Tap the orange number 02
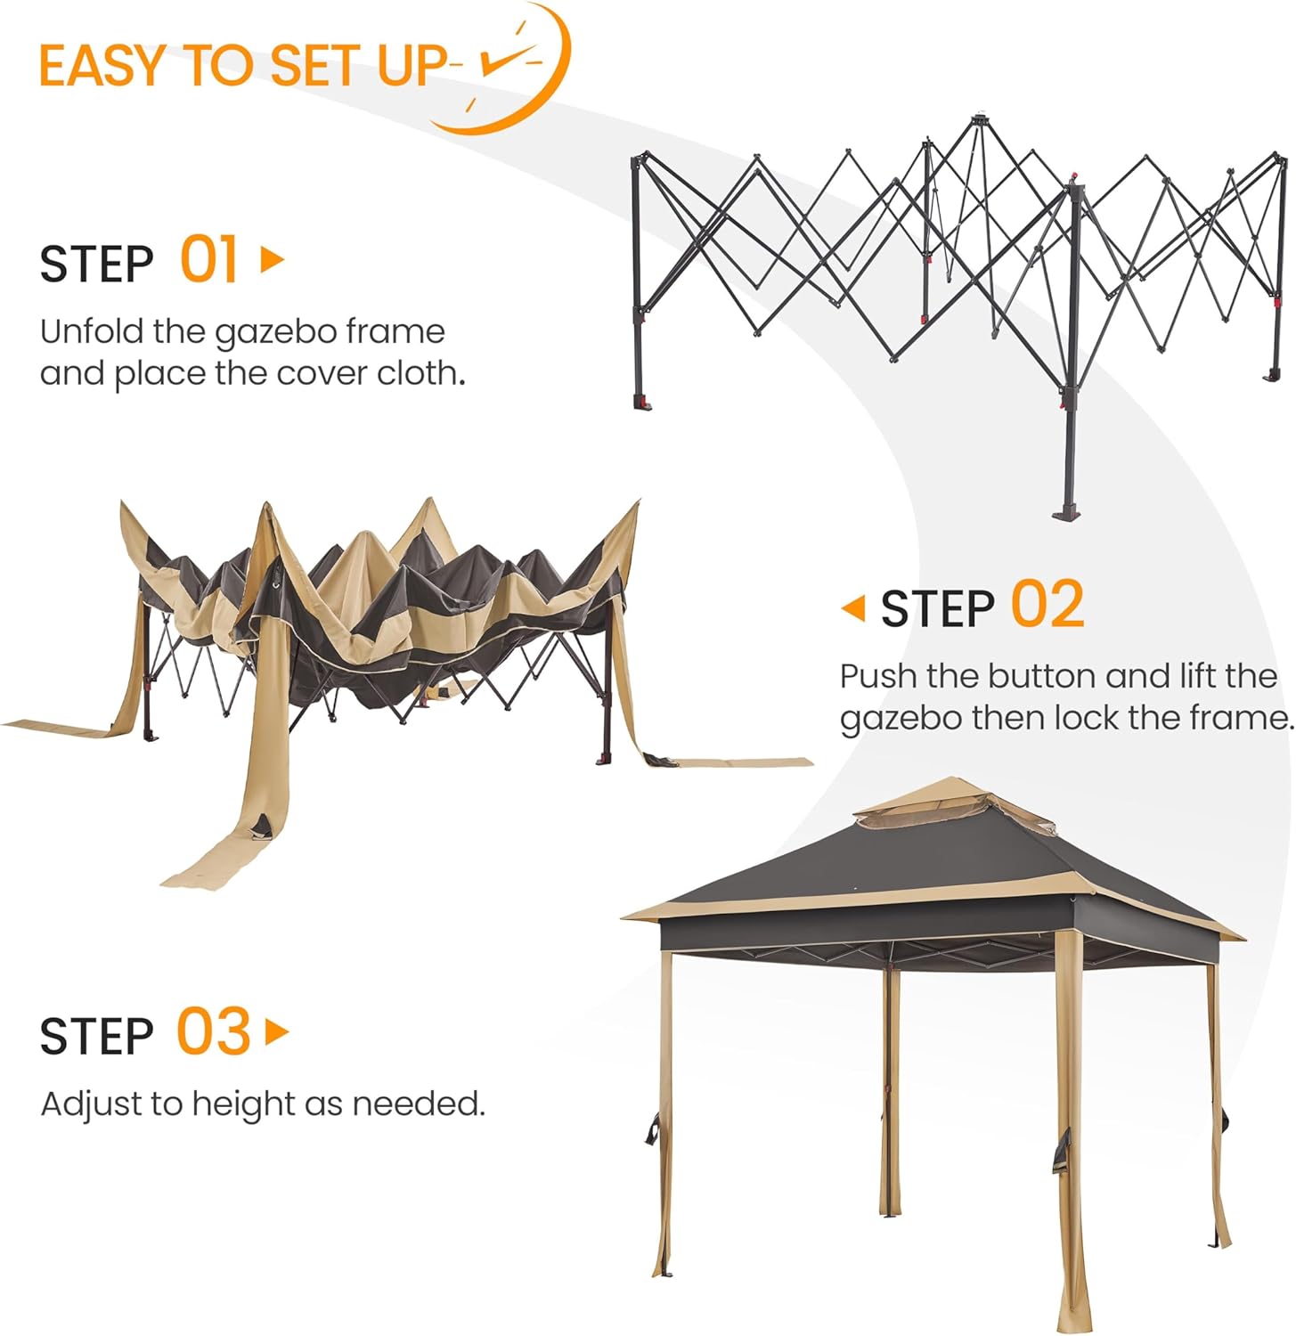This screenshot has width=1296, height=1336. (x=1047, y=605)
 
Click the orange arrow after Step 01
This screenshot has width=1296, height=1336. (x=272, y=259)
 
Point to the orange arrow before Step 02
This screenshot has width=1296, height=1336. (x=853, y=608)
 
